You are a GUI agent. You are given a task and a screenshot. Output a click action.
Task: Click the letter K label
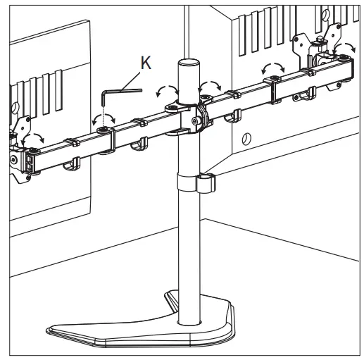point(146,63)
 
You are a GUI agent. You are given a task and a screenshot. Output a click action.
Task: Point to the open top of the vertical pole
point(189,63)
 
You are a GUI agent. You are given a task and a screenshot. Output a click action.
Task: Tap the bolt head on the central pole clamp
point(195,121)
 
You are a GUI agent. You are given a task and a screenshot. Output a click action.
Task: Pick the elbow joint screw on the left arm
point(103,129)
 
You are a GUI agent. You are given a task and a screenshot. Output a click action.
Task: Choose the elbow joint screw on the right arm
point(274,77)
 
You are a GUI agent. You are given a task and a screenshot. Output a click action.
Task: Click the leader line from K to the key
point(130,81)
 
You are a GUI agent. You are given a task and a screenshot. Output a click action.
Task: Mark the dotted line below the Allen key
point(103,117)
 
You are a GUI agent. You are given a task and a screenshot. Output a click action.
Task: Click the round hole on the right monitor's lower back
point(246,139)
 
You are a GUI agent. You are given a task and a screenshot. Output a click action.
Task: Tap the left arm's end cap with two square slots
point(30,162)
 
